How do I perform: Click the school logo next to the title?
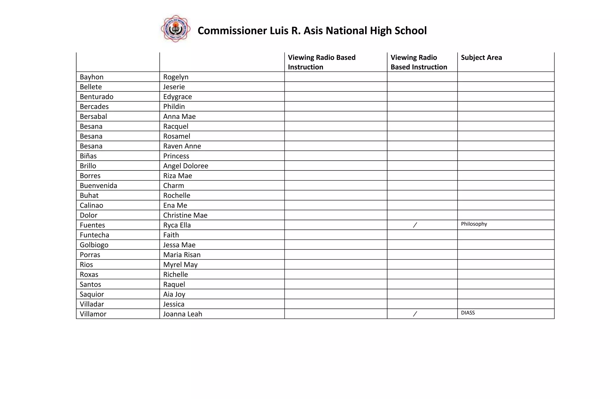(175, 29)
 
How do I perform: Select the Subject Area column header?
(481, 58)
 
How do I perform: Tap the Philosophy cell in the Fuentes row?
(474, 224)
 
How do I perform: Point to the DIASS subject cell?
(468, 313)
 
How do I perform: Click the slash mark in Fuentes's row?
(415, 225)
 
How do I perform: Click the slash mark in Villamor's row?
(415, 314)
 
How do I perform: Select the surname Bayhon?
(91, 77)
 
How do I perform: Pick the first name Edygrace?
(178, 97)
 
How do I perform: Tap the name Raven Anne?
(182, 146)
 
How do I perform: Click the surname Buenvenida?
(98, 186)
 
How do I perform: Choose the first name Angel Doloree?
(186, 166)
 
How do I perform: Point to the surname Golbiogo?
(94, 245)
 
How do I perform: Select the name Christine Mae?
(185, 215)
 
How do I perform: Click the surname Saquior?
(92, 294)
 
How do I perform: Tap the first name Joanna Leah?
(183, 314)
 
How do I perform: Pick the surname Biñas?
(88, 156)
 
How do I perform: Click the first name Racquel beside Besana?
(176, 126)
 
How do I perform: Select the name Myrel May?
(180, 265)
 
